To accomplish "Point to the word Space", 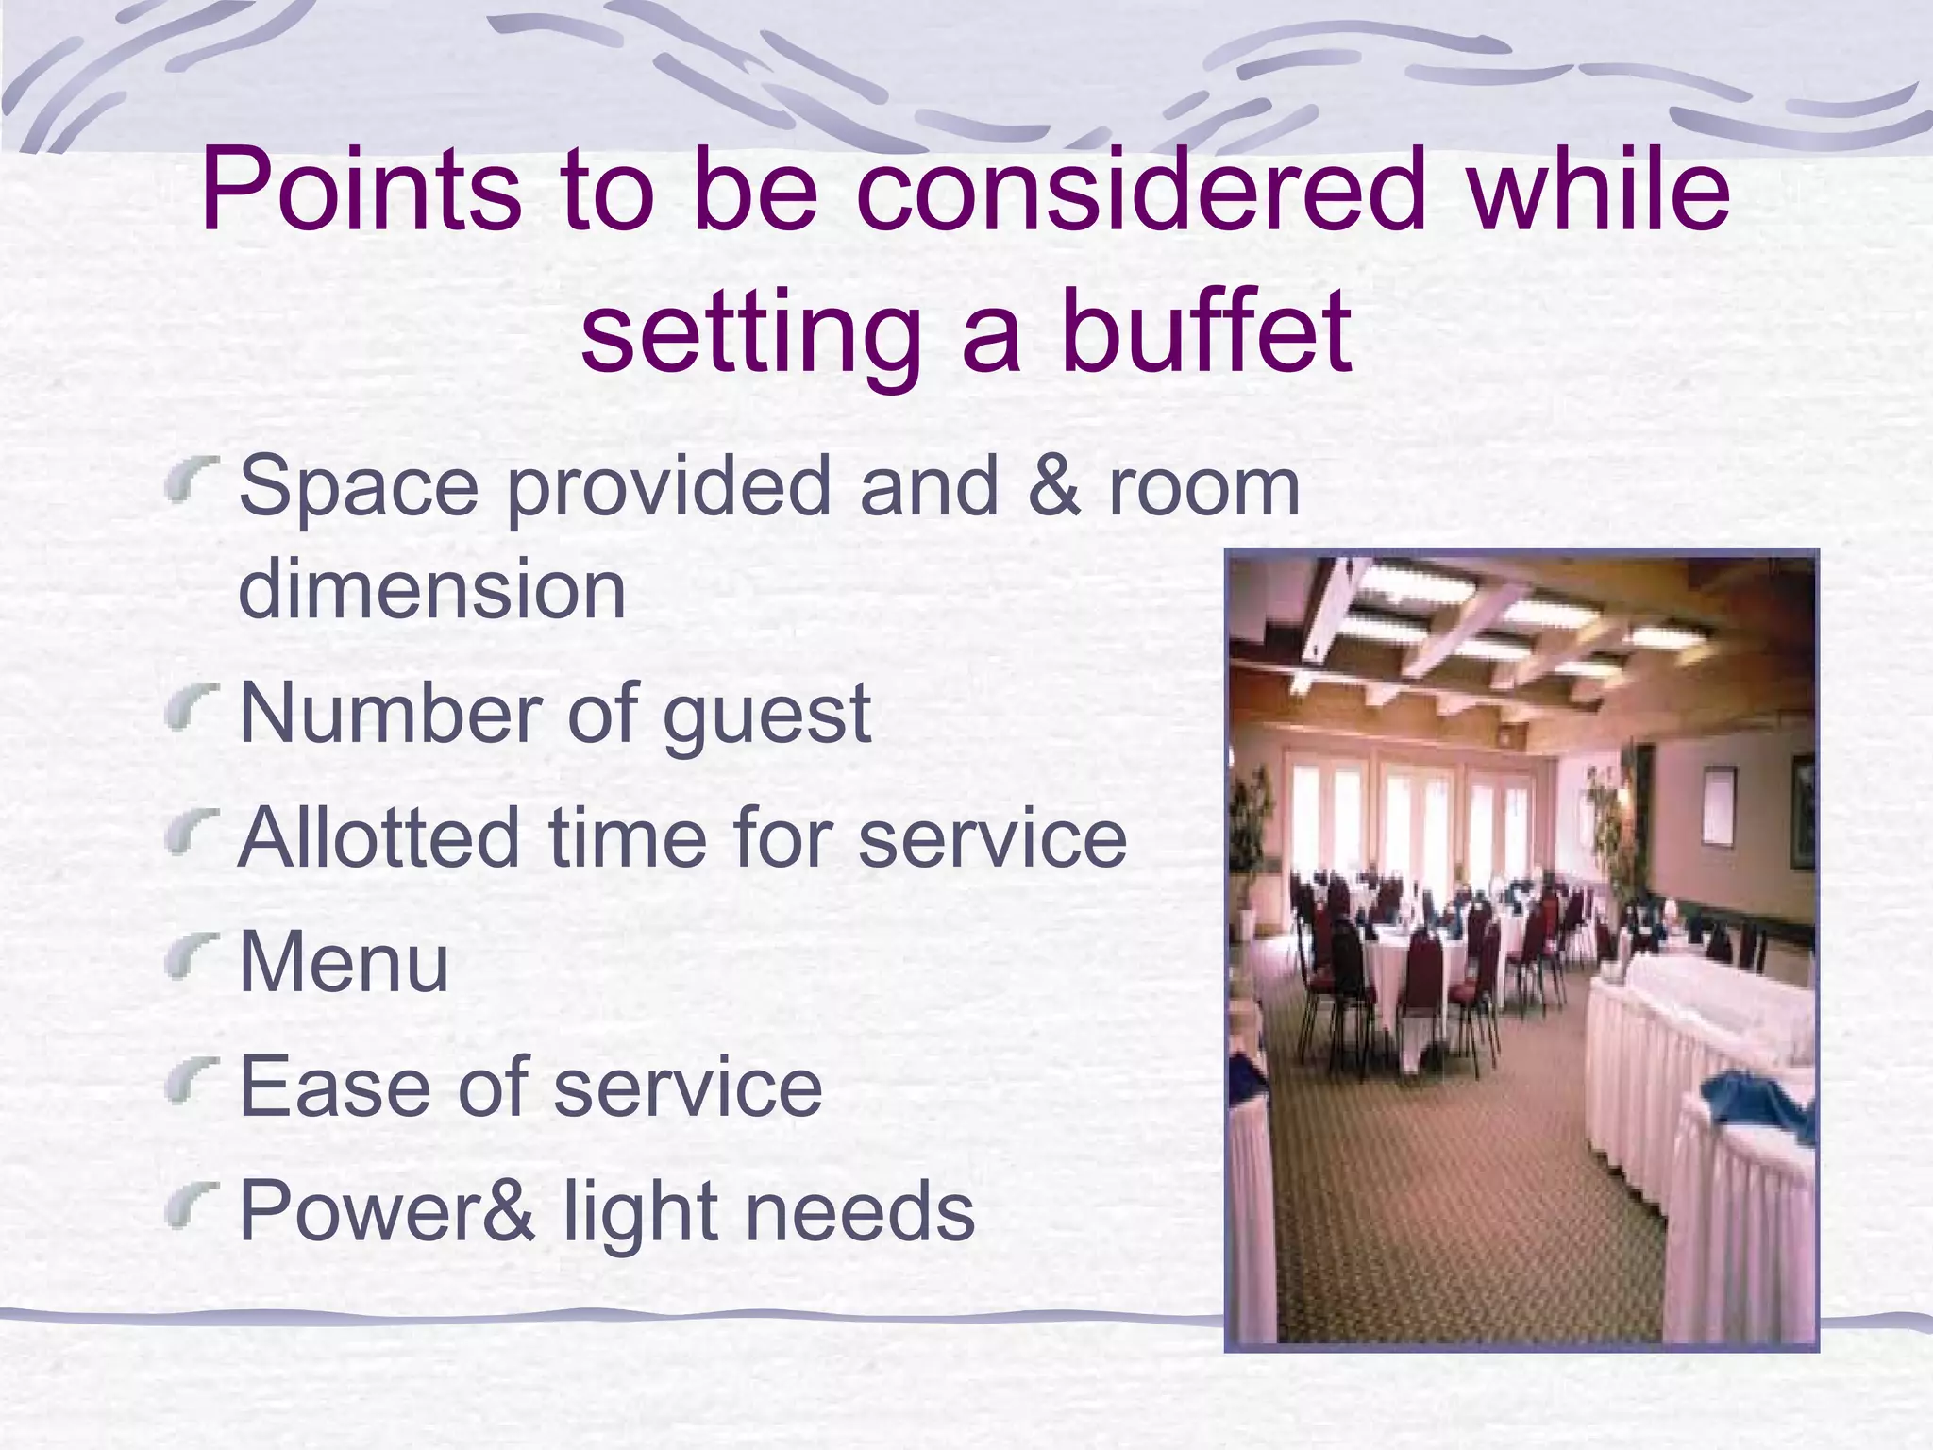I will (x=359, y=488).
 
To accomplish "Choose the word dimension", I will (x=432, y=589).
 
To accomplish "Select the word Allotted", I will (x=378, y=837).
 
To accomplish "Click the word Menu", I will (x=345, y=962).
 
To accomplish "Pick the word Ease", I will (x=331, y=1087).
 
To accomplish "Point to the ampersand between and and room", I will (x=1053, y=488).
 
